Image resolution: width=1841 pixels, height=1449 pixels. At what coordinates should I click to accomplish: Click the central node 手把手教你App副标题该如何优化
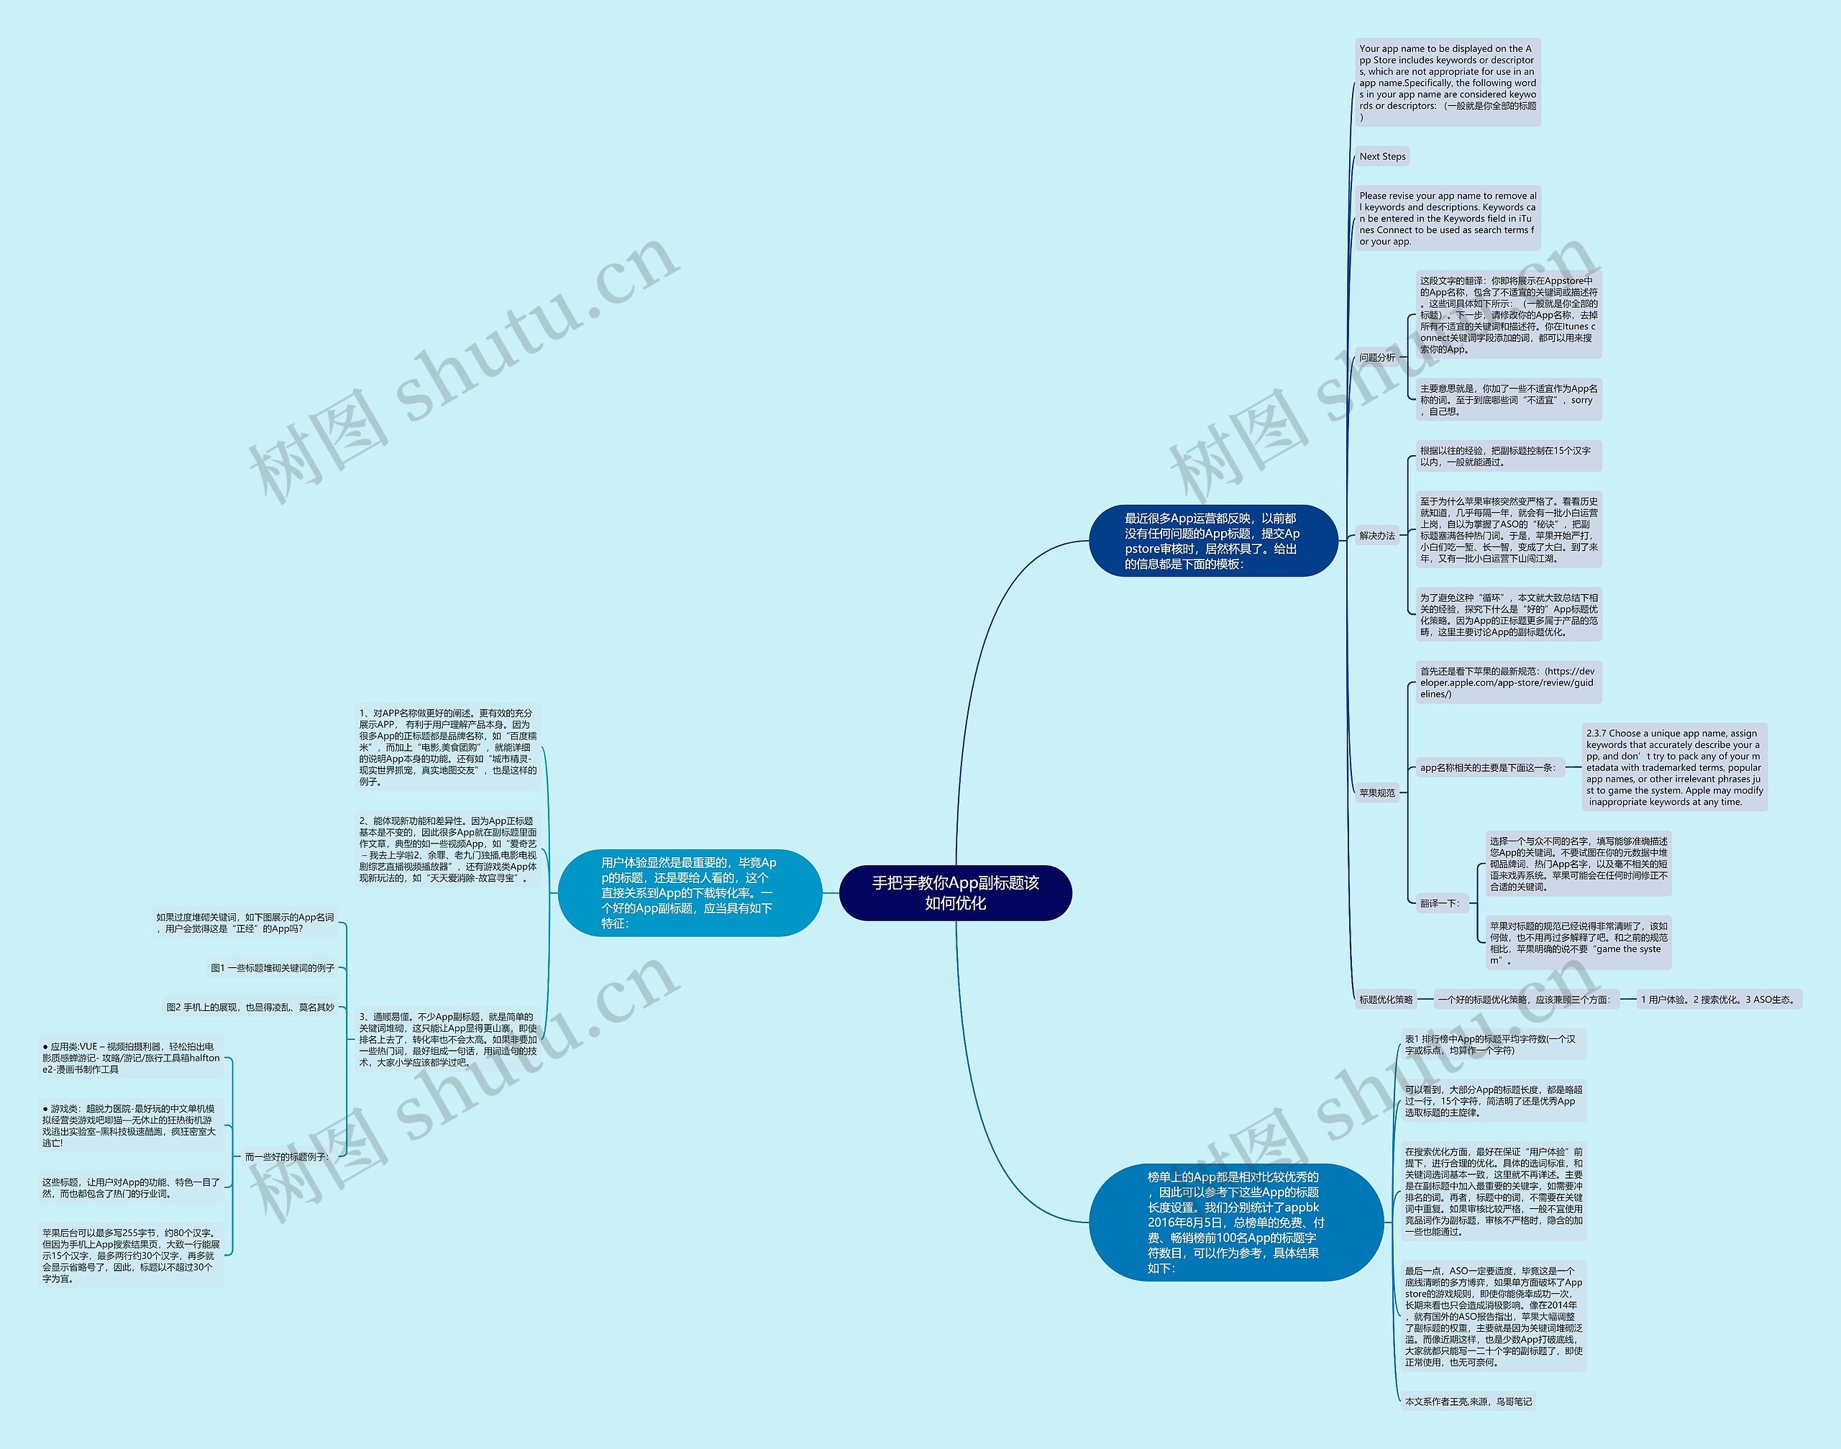click(955, 892)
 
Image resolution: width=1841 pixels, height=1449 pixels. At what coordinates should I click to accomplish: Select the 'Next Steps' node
click(1382, 156)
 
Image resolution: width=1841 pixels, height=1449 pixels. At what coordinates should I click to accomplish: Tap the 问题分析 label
click(1376, 357)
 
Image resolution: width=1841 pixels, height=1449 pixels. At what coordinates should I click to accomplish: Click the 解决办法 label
click(1376, 535)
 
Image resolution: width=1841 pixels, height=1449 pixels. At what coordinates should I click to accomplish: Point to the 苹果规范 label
click(1376, 793)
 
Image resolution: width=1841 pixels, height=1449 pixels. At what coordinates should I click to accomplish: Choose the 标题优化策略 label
click(1387, 1000)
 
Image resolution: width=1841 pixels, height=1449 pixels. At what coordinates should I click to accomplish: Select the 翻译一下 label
click(1440, 903)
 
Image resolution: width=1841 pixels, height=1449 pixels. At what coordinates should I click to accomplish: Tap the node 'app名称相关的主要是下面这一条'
click(1488, 768)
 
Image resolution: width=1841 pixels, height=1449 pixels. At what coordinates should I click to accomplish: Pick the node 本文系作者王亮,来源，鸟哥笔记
click(1468, 1402)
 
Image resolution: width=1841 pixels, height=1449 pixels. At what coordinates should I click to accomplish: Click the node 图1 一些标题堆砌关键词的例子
click(273, 968)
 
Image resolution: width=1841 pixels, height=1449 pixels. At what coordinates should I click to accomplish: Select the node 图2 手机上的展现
click(250, 1007)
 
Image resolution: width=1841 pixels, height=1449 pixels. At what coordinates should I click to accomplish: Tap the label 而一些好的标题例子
click(286, 1156)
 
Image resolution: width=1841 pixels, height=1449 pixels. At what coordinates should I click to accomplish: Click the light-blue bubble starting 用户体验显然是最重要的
click(689, 892)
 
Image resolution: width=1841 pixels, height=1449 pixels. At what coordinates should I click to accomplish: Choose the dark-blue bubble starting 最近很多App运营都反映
click(1212, 540)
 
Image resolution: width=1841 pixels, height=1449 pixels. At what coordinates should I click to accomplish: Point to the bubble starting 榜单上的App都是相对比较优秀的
click(1235, 1222)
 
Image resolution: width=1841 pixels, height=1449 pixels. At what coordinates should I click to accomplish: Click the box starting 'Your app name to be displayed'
click(1448, 82)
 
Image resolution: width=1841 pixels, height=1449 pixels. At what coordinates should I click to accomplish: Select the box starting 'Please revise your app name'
click(1448, 218)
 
